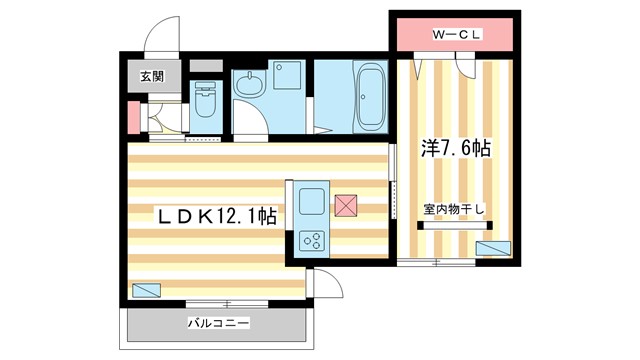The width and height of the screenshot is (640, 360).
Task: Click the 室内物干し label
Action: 453,209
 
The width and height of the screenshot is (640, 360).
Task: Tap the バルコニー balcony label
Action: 217,323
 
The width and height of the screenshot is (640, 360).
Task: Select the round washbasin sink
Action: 250,85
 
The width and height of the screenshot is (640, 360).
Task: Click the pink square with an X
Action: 346,205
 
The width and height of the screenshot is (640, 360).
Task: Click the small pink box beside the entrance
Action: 133,118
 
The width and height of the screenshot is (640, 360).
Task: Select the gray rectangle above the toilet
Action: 207,66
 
